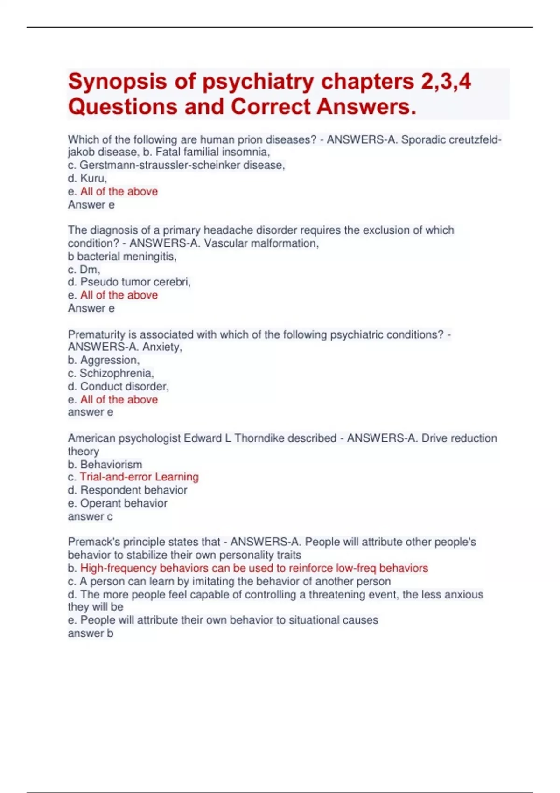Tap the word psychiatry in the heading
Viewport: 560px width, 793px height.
click(258, 82)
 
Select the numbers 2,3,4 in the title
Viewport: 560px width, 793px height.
click(446, 82)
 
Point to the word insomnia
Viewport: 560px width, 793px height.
click(245, 152)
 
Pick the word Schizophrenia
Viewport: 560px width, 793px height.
click(116, 373)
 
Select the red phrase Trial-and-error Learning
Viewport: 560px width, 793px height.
click(139, 477)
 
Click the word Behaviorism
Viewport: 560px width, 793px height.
click(111, 465)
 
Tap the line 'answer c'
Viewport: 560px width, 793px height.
click(90, 516)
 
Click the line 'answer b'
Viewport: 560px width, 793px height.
click(90, 633)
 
